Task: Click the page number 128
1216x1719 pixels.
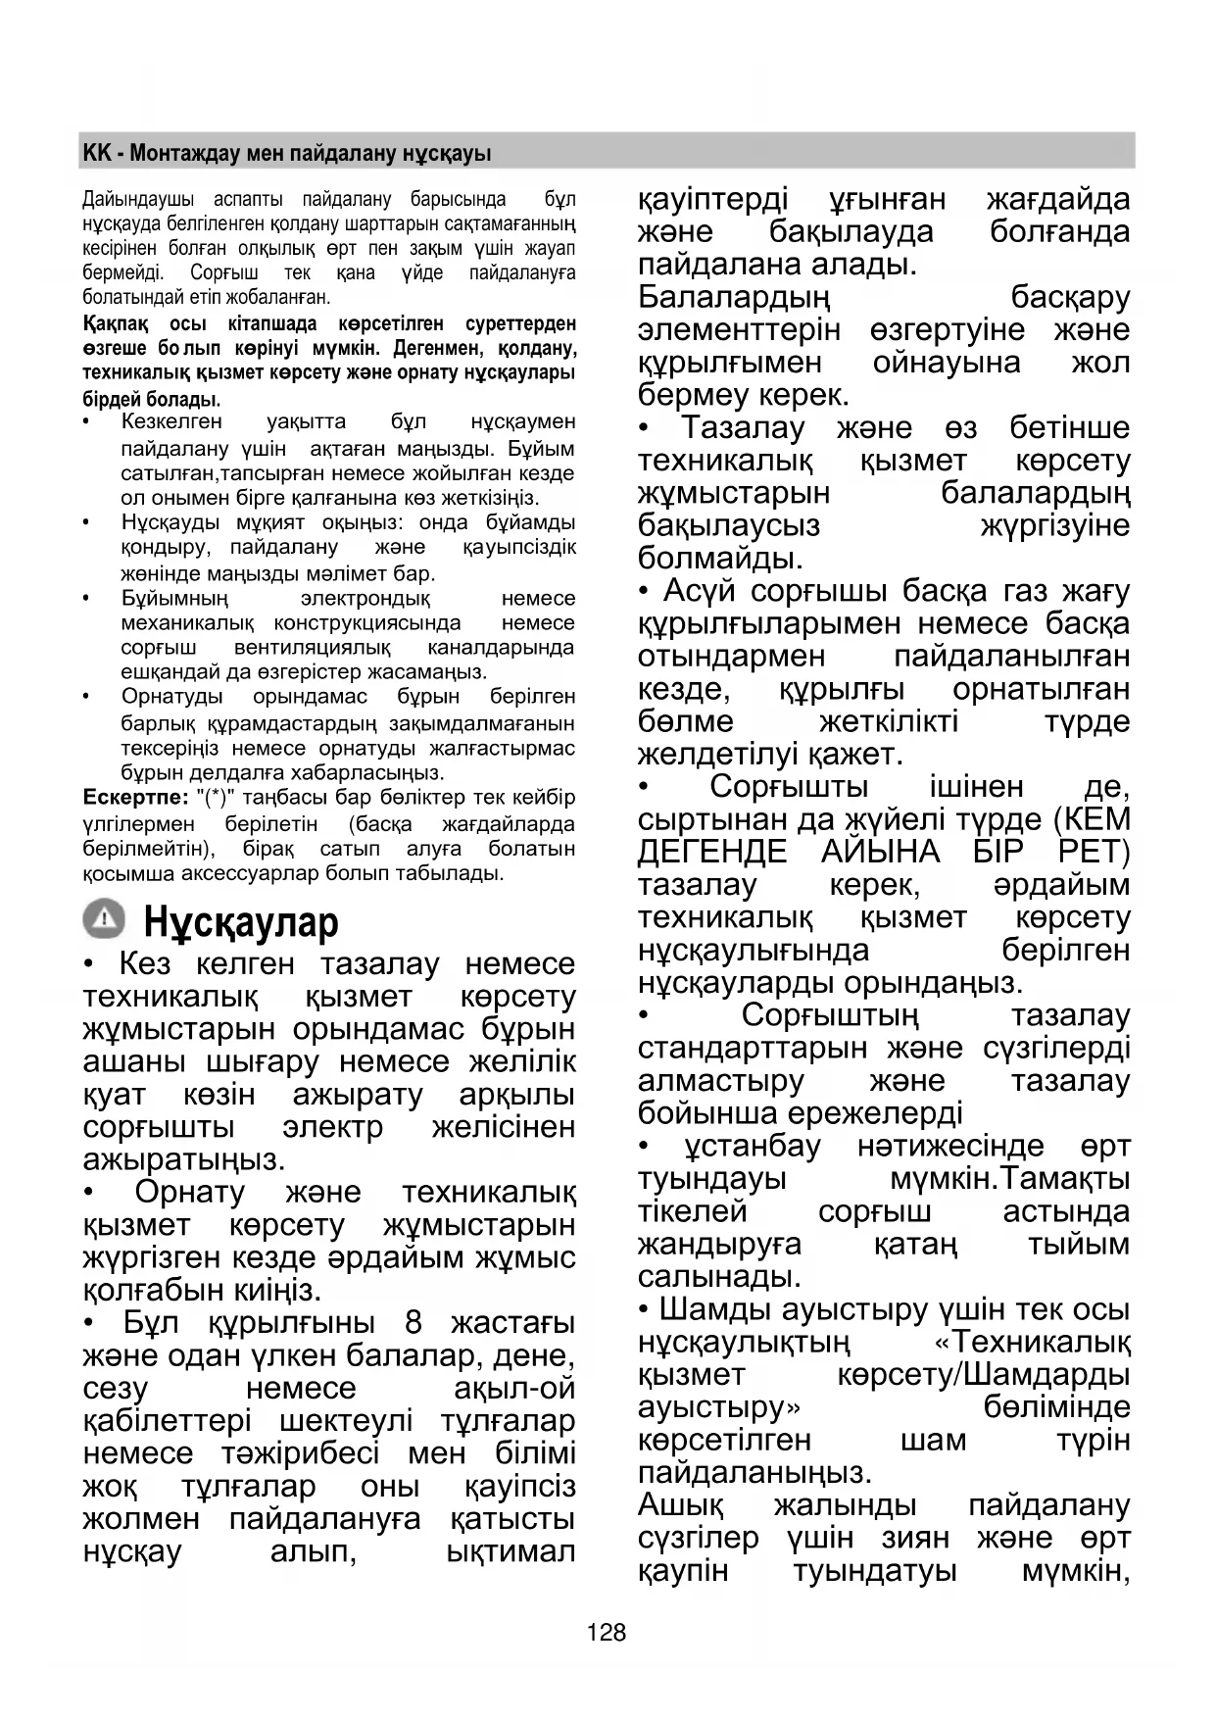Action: coord(607,1633)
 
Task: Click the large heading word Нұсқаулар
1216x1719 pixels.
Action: coord(241,922)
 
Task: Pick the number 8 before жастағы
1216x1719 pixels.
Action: coord(413,1323)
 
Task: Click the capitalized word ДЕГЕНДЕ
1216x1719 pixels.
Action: coord(712,852)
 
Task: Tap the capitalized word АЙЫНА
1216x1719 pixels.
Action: coord(880,852)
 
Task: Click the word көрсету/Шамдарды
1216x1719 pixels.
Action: coord(984,1374)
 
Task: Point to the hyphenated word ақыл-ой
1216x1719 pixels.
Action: coord(514,1389)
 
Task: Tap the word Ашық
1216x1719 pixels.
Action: coord(681,1504)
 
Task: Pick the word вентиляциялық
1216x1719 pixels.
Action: coord(312,648)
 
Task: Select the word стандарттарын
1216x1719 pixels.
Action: coord(753,1048)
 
